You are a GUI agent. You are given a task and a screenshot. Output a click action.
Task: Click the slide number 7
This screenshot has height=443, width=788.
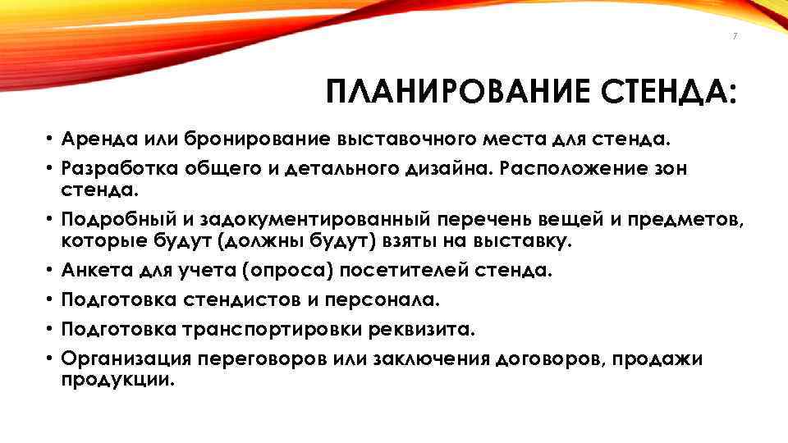pos(735,36)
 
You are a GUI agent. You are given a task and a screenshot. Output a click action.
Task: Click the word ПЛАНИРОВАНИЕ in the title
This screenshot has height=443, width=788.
pos(456,92)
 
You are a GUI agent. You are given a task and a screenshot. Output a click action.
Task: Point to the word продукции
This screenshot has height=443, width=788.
pos(118,381)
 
